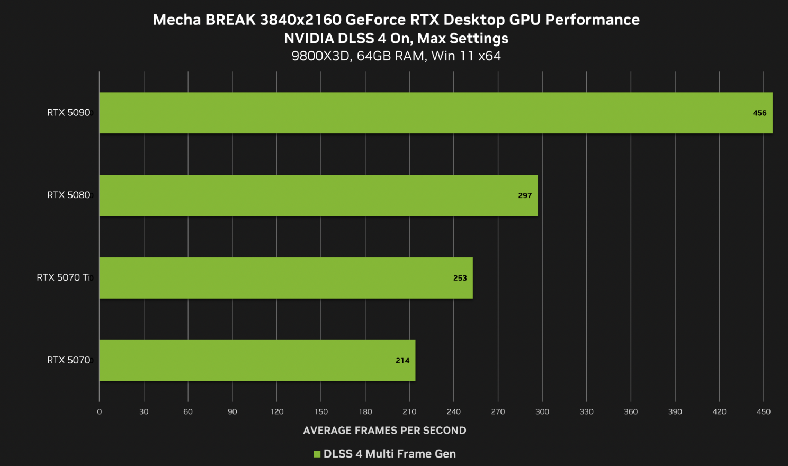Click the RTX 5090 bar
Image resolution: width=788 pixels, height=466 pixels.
pos(435,113)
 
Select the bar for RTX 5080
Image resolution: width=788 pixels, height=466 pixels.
pos(318,195)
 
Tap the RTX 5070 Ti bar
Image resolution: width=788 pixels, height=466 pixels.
pos(286,278)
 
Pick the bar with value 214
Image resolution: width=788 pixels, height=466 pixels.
pos(257,361)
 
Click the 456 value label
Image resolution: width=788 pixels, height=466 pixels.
pos(759,113)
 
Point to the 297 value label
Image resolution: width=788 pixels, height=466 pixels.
pos(525,196)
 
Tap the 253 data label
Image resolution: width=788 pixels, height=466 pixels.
pos(460,279)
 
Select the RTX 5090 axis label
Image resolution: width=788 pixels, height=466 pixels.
pos(68,113)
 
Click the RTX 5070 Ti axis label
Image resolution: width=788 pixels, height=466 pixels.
pos(64,278)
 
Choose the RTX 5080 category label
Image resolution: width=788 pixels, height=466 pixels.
pos(68,195)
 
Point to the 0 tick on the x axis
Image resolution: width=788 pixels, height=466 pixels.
pos(100,412)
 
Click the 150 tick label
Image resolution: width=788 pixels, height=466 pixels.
pos(321,412)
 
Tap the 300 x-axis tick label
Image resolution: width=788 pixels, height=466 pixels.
pos(542,412)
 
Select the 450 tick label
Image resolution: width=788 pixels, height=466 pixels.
pos(764,412)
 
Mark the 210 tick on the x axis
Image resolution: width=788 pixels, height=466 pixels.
pos(409,412)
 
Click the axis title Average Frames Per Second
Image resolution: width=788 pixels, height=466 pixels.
pos(384,431)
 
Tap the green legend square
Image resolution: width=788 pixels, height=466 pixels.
pos(317,454)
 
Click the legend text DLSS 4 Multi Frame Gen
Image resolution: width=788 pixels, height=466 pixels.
pos(390,454)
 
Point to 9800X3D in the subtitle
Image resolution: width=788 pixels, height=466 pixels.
pos(320,56)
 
